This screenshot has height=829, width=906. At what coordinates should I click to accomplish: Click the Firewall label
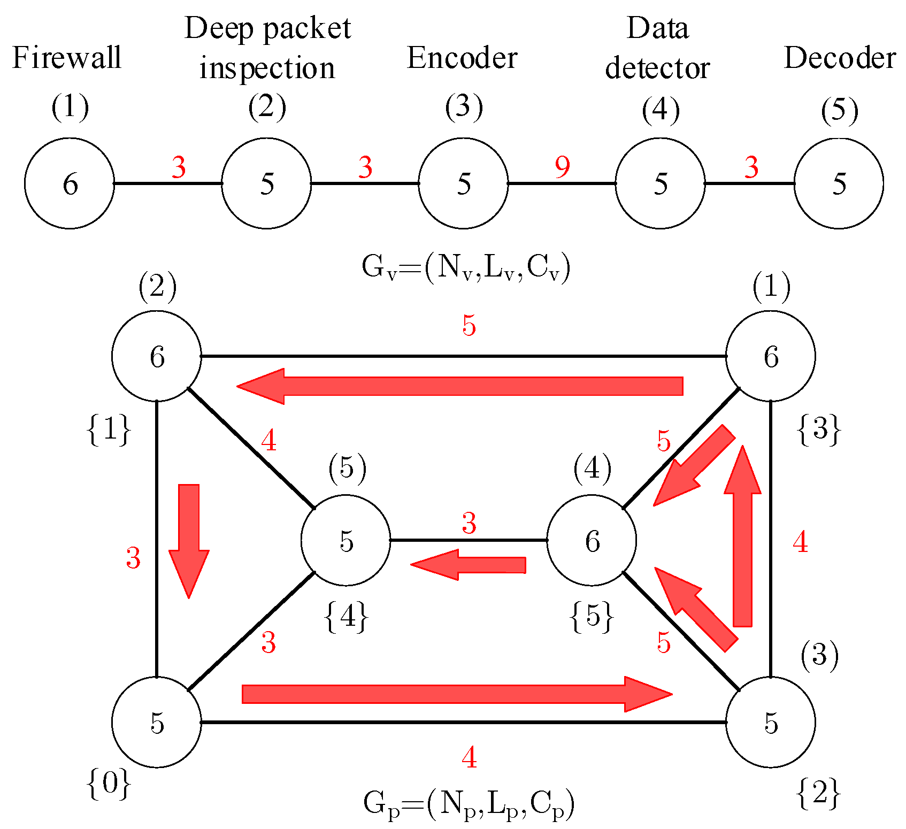[x=67, y=58]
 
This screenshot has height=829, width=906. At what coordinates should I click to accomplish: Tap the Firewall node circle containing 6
[x=70, y=183]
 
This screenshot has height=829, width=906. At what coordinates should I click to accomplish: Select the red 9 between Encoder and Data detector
[x=562, y=167]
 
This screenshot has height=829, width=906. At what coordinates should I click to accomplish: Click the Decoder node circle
[x=839, y=183]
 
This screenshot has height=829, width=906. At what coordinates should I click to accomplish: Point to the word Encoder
[x=462, y=58]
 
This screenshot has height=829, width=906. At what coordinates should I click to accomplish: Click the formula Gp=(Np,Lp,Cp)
[x=469, y=804]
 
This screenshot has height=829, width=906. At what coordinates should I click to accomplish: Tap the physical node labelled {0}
[x=157, y=722]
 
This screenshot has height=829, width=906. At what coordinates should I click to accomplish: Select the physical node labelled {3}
[x=771, y=356]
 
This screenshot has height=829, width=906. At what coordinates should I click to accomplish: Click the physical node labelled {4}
[x=346, y=540]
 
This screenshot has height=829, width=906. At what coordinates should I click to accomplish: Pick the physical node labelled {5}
[x=592, y=540]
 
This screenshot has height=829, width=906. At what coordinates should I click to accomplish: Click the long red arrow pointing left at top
[x=460, y=386]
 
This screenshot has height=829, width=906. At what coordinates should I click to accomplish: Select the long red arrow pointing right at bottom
[x=457, y=694]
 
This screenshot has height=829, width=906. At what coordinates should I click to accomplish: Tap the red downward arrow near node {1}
[x=189, y=540]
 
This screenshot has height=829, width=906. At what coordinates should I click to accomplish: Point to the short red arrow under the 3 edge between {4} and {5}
[x=469, y=565]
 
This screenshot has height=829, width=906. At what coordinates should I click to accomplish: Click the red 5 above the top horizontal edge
[x=469, y=325]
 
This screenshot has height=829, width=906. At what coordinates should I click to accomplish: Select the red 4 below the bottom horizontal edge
[x=469, y=757]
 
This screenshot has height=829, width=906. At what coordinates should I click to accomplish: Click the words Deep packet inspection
[x=267, y=48]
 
